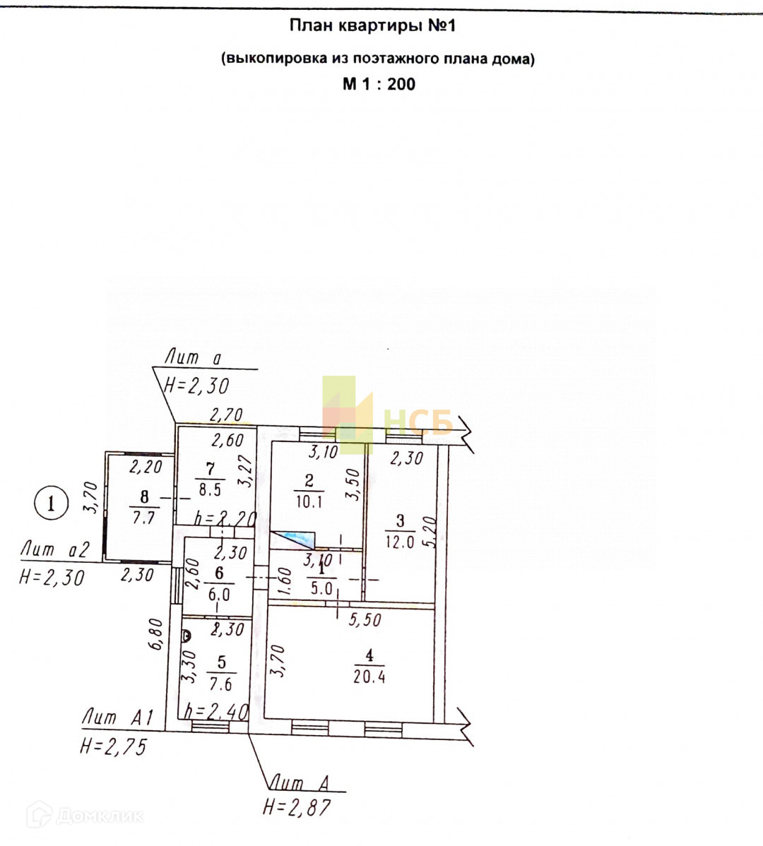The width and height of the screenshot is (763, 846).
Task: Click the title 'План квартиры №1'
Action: [372, 26]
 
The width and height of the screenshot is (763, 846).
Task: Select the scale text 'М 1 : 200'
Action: [379, 84]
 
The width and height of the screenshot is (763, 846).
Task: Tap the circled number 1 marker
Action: [51, 504]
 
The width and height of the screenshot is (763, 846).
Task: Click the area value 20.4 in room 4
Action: [369, 677]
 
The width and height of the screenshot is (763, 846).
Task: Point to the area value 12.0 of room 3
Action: [399, 543]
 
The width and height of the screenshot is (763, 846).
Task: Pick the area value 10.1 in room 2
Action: [309, 502]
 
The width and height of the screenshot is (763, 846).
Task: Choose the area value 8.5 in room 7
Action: [210, 489]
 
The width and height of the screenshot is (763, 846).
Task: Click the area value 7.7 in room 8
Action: [143, 518]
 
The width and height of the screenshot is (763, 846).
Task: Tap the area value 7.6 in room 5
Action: [221, 684]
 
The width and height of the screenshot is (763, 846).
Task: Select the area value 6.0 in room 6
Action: [219, 595]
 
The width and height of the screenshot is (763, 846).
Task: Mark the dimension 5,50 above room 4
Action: [365, 620]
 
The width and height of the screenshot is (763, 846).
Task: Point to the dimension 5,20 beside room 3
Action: [430, 532]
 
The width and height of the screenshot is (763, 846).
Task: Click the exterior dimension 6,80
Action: [157, 637]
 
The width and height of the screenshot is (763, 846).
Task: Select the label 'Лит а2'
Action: [55, 549]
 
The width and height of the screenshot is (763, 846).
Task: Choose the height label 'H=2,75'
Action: [113, 746]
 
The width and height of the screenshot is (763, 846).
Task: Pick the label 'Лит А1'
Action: [117, 717]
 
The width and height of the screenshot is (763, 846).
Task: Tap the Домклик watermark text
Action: [99, 816]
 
